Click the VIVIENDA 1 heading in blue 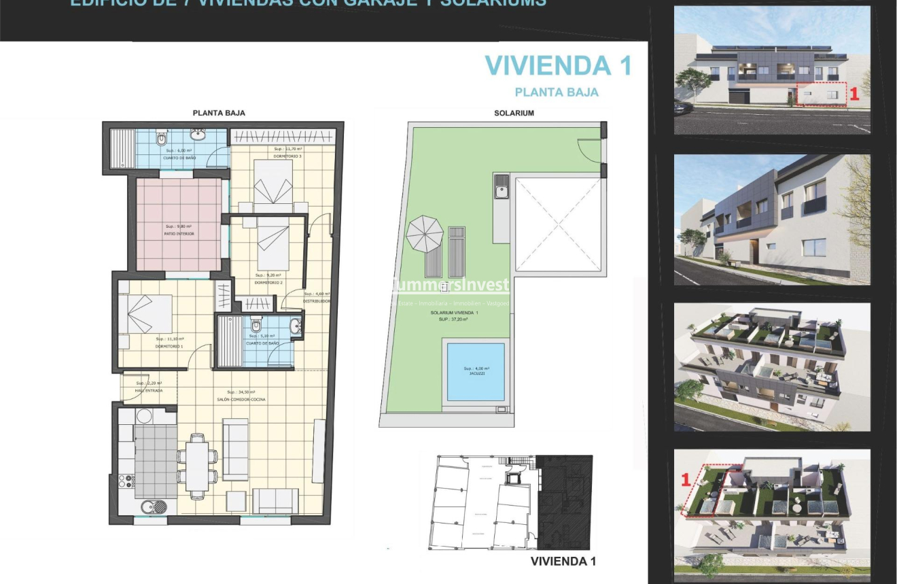558,66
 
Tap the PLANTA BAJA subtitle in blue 557,92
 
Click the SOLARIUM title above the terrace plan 514,113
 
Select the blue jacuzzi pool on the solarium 476,372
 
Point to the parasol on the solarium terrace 424,233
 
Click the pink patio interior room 179,225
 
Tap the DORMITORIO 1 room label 170,346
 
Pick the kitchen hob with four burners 126,481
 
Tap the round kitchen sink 149,506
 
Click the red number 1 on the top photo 854,95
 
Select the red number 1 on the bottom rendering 685,479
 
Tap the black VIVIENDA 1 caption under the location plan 563,562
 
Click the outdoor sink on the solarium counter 501,187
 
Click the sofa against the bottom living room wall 275,501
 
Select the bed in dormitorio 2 273,243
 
